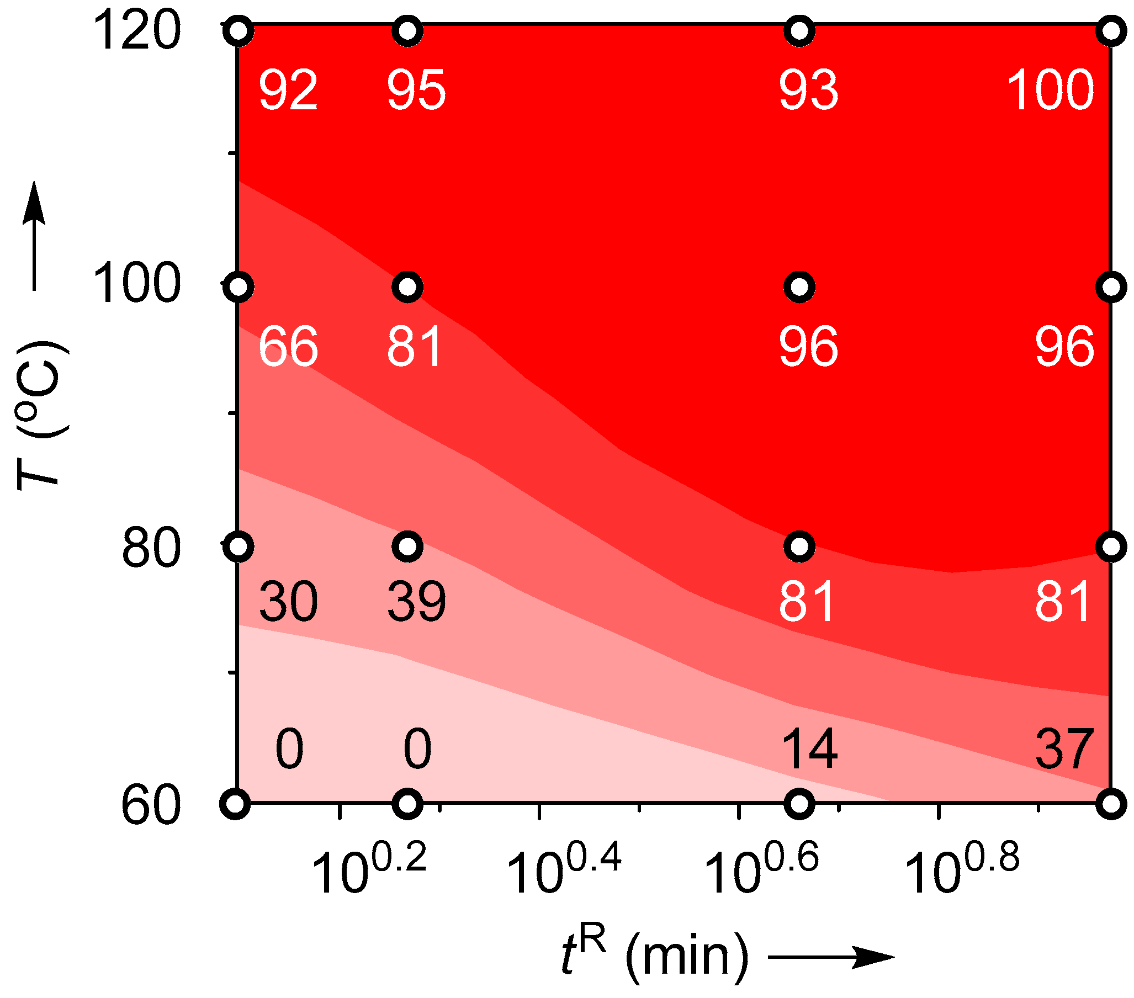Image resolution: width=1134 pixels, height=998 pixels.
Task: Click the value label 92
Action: pos(288,90)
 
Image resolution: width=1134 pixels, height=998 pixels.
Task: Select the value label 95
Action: pos(416,90)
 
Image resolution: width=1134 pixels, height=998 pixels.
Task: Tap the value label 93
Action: pos(808,90)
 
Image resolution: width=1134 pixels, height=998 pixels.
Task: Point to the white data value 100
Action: pos(1050,90)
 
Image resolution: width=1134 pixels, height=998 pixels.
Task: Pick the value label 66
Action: pos(288,347)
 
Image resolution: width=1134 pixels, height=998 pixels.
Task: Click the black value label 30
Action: pos(288,601)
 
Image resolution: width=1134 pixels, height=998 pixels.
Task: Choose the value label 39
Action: pos(416,601)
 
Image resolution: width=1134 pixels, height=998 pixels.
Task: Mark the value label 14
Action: pos(809,749)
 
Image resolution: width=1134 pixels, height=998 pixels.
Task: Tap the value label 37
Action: pos(1064,749)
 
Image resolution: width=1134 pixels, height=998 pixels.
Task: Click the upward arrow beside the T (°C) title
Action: pos(34,236)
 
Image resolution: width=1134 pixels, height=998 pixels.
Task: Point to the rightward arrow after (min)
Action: pos(830,957)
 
